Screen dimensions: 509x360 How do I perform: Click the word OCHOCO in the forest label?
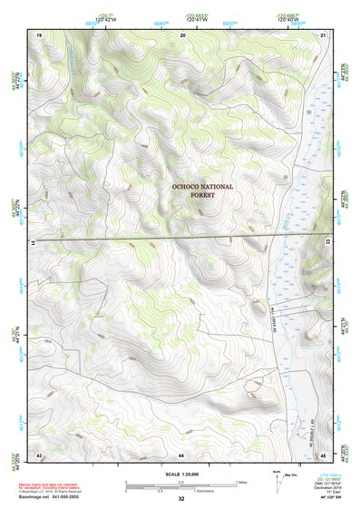[189, 186]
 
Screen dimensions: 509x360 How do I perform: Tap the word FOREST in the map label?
[202, 194]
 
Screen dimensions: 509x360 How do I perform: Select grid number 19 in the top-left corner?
[39, 34]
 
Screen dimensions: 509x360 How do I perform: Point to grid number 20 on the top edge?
[184, 34]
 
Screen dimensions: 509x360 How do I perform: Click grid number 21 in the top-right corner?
[324, 34]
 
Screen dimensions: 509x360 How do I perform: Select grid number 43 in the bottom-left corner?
[39, 453]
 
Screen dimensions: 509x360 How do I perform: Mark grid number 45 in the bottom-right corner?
[324, 453]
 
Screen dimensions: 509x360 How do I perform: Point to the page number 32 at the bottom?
[181, 499]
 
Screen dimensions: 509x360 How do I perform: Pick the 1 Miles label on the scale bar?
[241, 481]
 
